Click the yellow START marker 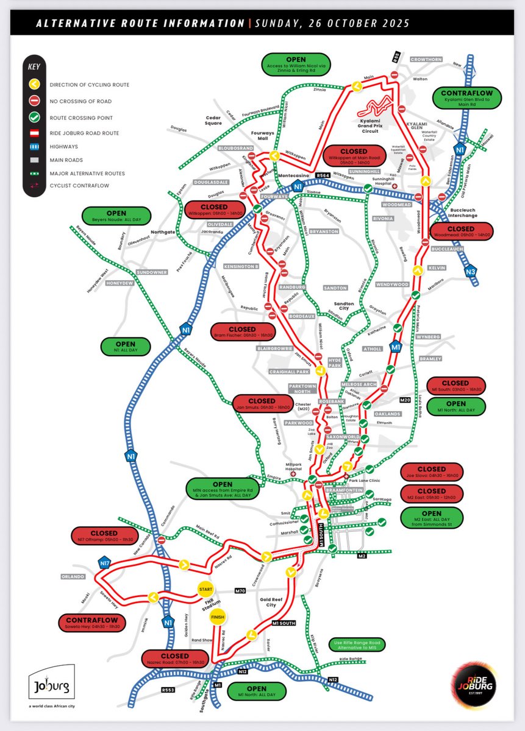[x=205, y=589]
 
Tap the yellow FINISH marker [x=218, y=617]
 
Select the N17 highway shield [x=104, y=564]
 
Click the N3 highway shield [x=470, y=272]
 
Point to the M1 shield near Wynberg [x=396, y=347]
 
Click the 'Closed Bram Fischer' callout [x=242, y=331]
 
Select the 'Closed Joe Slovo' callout [x=432, y=471]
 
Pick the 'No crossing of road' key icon [x=35, y=101]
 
